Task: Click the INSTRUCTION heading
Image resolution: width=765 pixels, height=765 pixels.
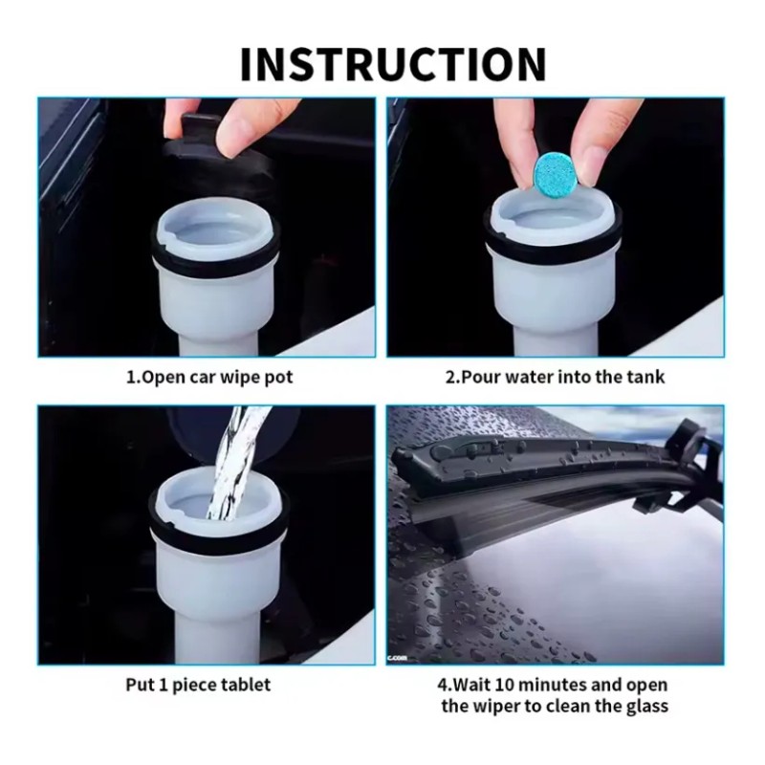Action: coord(393,64)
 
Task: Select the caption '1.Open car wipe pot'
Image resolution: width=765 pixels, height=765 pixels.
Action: coord(209,378)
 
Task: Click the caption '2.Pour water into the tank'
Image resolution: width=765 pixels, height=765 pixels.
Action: coord(555,377)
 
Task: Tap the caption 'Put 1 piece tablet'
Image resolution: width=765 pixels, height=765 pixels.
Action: coord(198,685)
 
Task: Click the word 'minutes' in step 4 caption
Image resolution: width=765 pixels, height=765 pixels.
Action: coord(551,685)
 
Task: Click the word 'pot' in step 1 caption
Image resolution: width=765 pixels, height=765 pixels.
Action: coord(279,379)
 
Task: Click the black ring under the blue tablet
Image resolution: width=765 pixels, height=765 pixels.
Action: coord(554,234)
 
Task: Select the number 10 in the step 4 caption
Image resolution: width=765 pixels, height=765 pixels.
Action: coord(504,685)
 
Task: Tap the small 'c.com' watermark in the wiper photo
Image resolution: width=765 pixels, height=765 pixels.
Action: coord(397,659)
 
